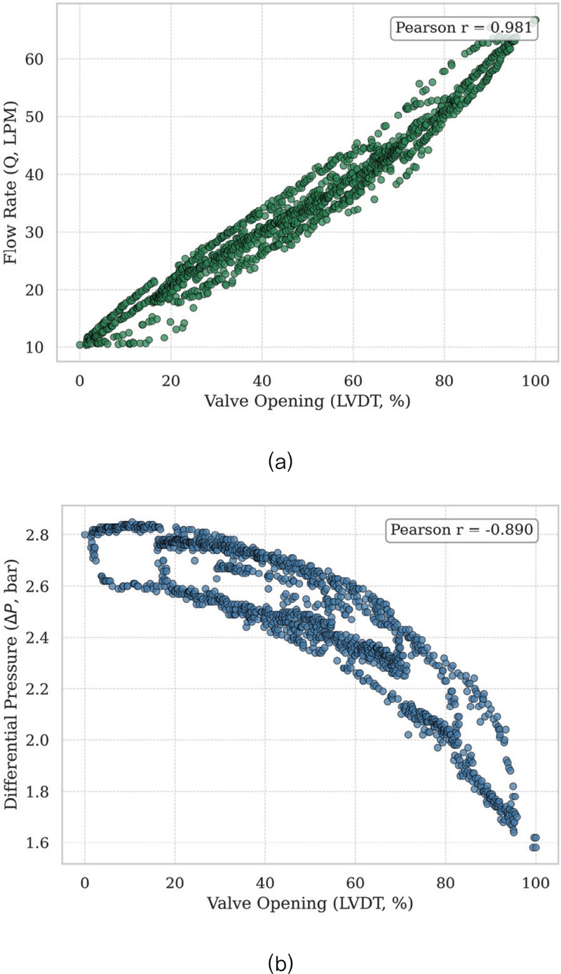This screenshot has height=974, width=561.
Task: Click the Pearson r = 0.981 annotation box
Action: [464, 28]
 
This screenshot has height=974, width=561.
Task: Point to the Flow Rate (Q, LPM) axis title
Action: [11, 180]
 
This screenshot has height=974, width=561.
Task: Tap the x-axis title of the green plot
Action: [307, 401]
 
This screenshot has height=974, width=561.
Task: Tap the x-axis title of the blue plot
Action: [309, 902]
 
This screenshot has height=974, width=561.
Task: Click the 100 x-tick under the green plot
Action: [535, 380]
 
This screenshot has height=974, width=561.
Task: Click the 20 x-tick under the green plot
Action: [170, 380]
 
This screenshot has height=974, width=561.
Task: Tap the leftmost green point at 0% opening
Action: [80, 344]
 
